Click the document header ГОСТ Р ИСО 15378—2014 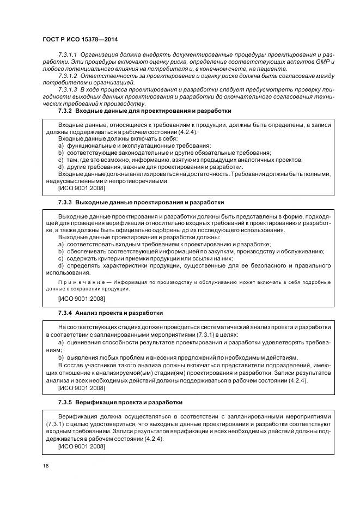(80, 40)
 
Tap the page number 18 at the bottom (45, 466)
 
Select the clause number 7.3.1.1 (68, 56)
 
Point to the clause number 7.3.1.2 (68, 76)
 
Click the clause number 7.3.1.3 (68, 89)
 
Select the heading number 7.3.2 (65, 111)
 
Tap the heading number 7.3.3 (65, 202)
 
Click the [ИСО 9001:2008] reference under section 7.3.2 (81, 188)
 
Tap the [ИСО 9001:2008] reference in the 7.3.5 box (81, 446)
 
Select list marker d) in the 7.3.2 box (61, 167)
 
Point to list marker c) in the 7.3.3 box (61, 258)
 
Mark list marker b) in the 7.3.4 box (61, 357)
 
